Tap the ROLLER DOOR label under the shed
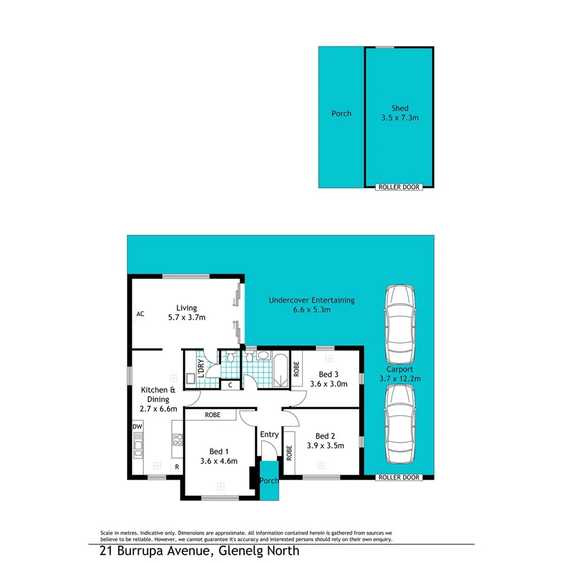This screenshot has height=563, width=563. (x=398, y=187)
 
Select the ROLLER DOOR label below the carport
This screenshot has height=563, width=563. (x=398, y=477)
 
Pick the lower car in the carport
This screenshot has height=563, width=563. (x=400, y=425)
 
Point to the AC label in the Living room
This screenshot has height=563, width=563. (x=140, y=314)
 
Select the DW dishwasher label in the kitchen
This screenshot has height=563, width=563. (x=137, y=426)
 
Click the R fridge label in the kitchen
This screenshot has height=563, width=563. (x=177, y=467)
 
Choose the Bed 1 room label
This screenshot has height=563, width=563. (x=219, y=451)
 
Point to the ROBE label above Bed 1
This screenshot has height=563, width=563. (x=211, y=415)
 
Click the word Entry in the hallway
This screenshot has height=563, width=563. (x=269, y=434)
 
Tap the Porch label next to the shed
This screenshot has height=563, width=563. (x=341, y=113)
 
